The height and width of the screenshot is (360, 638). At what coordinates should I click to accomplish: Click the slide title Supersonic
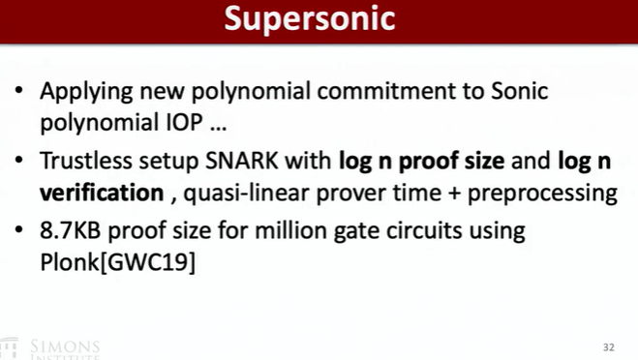[310, 18]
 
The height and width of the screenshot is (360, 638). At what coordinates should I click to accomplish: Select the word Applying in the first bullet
[86, 92]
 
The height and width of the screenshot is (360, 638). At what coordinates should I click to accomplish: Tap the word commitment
[386, 90]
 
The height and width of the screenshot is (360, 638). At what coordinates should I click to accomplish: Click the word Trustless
[86, 161]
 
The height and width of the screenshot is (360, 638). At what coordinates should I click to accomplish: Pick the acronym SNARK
[242, 161]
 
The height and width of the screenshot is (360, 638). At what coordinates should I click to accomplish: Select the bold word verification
[102, 192]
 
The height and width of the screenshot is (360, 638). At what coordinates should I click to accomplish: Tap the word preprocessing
[542, 194]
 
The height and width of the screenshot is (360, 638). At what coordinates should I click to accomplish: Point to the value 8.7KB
[70, 230]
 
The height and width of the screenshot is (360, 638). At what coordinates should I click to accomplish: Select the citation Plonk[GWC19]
[117, 262]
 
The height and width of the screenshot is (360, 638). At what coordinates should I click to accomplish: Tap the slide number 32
[608, 347]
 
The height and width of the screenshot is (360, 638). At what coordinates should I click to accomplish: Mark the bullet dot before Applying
[19, 90]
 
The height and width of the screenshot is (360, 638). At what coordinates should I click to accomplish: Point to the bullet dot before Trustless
[19, 160]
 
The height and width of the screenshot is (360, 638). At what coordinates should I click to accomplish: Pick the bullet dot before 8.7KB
[19, 229]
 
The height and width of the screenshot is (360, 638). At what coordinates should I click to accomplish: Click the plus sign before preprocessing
[454, 193]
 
